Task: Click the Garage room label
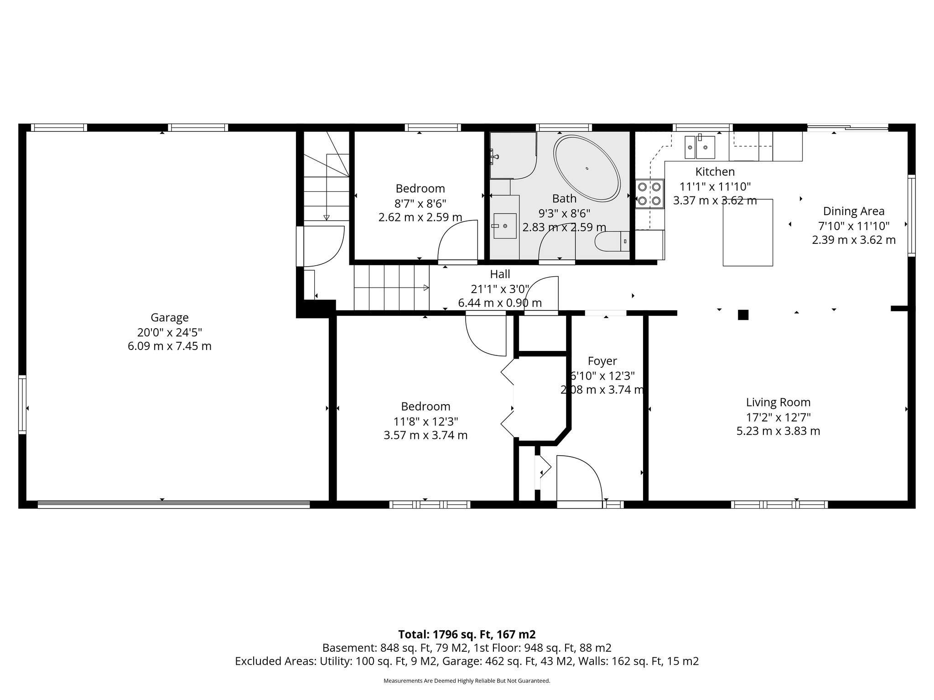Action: [170, 318]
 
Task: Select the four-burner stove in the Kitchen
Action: [649, 193]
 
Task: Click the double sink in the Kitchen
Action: [700, 147]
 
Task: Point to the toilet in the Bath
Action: [612, 241]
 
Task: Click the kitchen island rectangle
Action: [747, 232]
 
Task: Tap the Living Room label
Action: [778, 402]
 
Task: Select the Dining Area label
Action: [853, 211]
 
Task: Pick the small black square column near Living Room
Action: [743, 314]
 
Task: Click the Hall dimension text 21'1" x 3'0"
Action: [500, 288]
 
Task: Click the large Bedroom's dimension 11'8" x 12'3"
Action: [425, 421]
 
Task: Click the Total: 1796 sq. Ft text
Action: [467, 634]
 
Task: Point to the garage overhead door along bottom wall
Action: [173, 504]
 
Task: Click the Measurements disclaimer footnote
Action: [467, 681]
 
